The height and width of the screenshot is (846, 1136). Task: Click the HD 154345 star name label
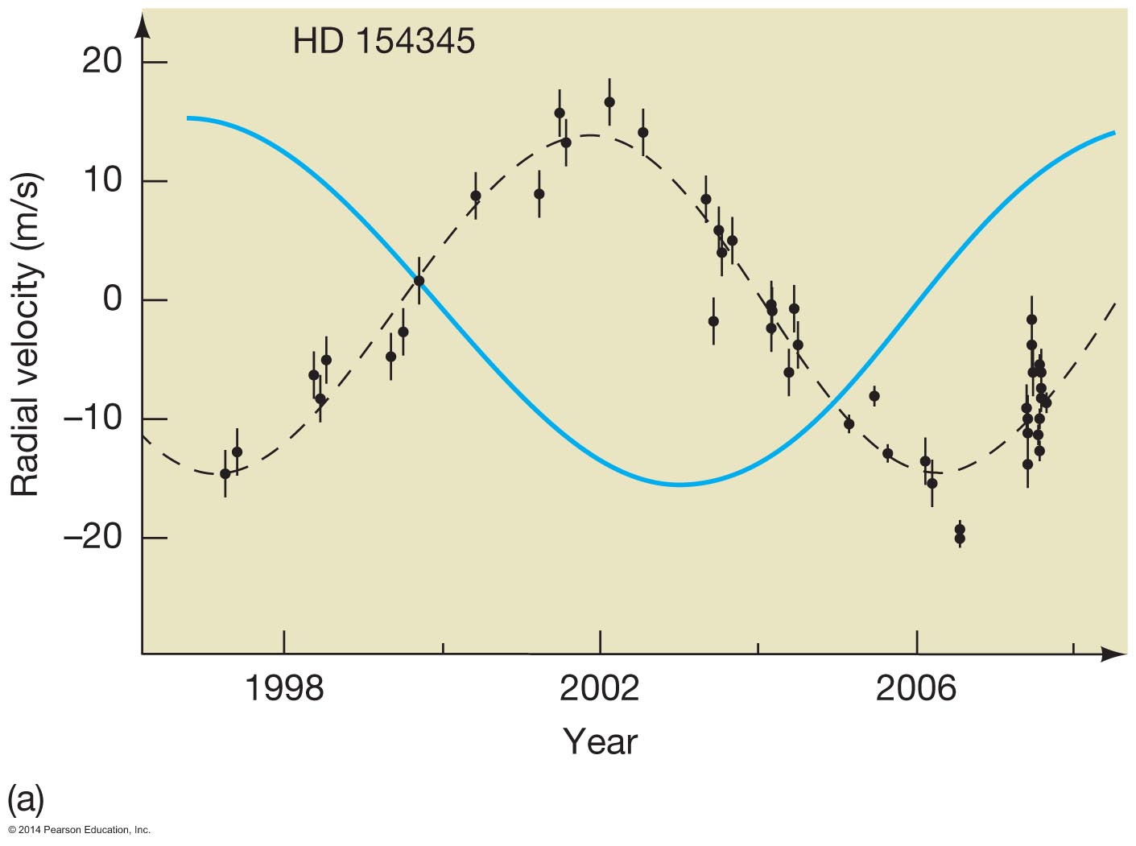point(384,41)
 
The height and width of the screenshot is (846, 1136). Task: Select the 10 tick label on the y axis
point(102,180)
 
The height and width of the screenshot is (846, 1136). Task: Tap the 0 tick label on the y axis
point(112,299)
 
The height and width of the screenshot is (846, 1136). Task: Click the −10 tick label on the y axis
point(93,419)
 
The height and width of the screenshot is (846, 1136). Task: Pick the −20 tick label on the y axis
point(93,537)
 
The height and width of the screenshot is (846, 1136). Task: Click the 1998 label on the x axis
point(283,689)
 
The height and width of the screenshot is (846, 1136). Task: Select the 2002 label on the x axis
point(600,689)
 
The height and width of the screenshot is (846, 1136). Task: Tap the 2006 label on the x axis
point(916,689)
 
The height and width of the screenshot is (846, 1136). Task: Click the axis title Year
point(600,741)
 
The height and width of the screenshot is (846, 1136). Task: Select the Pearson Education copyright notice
point(80,830)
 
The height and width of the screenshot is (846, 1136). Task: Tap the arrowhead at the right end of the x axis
point(1116,654)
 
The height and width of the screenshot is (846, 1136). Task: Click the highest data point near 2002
point(609,102)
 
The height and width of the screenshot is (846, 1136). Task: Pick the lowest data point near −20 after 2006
point(959,539)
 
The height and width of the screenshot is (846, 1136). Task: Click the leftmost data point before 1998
point(225,473)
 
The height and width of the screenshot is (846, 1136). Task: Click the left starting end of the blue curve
point(188,118)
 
